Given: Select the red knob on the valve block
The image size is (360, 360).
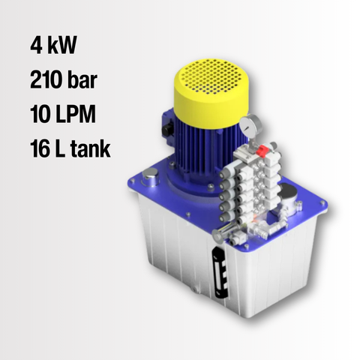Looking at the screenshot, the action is click(262, 151).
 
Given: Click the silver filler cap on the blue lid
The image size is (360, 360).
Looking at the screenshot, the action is click(150, 176).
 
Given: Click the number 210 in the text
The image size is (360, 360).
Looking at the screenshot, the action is click(46, 79).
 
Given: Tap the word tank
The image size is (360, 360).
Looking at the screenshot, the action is click(90, 148).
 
